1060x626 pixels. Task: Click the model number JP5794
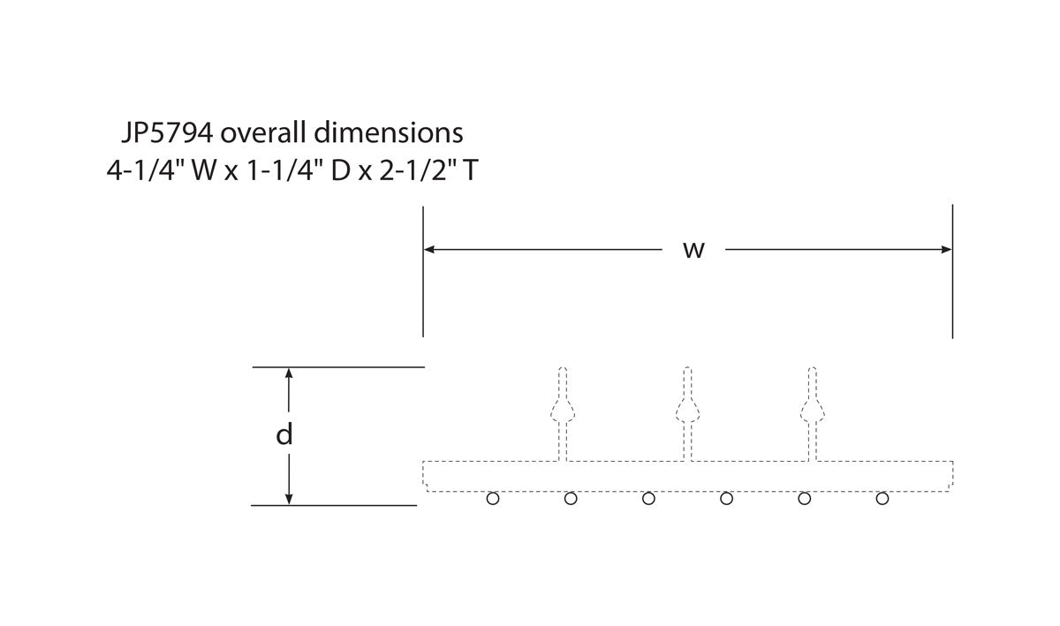click(x=166, y=133)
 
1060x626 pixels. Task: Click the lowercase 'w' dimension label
click(x=693, y=250)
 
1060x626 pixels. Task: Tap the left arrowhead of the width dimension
click(x=429, y=250)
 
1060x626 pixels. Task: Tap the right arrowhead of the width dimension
click(x=947, y=250)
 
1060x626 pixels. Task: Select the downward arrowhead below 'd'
click(x=288, y=499)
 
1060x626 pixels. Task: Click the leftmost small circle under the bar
click(x=493, y=499)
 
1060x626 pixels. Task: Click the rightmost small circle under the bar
click(x=882, y=499)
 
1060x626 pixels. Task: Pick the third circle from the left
click(x=648, y=499)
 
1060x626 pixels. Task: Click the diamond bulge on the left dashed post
click(x=563, y=410)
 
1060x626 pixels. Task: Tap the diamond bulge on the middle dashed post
click(x=687, y=410)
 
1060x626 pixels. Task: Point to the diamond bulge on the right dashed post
click(x=812, y=410)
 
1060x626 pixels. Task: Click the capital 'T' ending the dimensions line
click(x=471, y=170)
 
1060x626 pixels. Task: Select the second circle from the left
click(x=571, y=499)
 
